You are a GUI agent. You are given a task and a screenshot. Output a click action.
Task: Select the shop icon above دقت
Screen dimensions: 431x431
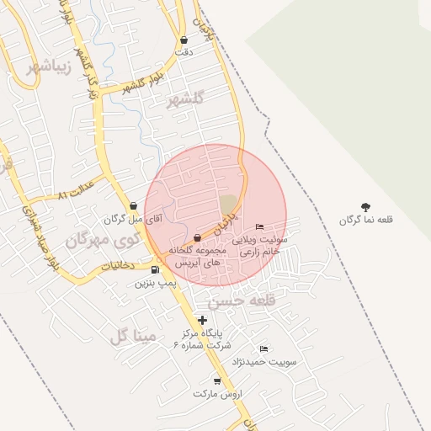click(x=184, y=40)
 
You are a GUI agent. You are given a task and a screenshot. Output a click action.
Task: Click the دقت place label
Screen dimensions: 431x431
click(x=184, y=52)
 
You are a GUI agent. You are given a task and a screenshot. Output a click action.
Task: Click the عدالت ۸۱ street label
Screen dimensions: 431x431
click(x=73, y=194)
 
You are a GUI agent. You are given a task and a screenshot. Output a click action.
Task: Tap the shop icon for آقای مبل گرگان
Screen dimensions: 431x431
click(x=133, y=206)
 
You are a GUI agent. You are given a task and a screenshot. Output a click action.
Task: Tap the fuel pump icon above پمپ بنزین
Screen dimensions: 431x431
click(x=155, y=269)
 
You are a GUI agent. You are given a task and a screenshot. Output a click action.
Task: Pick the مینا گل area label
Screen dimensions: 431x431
click(x=133, y=337)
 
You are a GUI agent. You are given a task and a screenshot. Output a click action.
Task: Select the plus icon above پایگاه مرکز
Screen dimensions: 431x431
click(x=202, y=320)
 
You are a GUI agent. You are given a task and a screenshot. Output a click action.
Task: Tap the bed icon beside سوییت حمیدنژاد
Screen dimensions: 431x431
click(x=264, y=349)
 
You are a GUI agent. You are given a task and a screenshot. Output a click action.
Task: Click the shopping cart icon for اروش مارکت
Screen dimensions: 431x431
click(x=217, y=381)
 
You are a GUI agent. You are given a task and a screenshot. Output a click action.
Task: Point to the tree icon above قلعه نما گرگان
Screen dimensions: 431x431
click(x=365, y=206)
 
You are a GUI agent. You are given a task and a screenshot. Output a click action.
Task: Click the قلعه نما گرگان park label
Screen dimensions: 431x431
click(x=366, y=220)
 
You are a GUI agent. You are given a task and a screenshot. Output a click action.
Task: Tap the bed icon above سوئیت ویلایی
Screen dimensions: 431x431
click(x=259, y=226)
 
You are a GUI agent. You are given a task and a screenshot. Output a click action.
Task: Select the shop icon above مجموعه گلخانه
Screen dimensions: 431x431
click(x=197, y=237)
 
